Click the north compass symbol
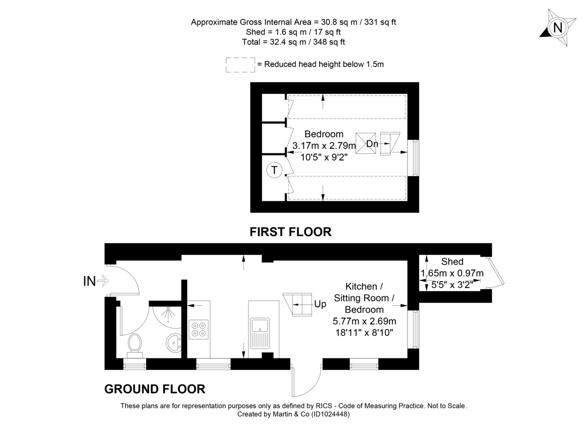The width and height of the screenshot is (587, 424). coord(557,28)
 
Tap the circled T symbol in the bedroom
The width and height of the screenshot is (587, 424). coord(274,170)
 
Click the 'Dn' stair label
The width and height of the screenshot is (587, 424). coord(372,144)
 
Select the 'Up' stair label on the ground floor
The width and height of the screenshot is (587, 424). coord(320,304)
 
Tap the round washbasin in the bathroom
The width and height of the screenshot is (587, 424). coord(173,342)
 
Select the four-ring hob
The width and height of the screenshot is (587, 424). coord(198,328)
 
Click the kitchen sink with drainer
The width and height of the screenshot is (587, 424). coord(260,332)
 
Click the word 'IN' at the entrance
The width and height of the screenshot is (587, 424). coord(89,281)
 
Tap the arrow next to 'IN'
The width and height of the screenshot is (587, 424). coord(103,281)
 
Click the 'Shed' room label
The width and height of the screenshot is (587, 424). coord(452,262)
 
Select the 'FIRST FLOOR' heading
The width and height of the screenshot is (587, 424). coord(291,231)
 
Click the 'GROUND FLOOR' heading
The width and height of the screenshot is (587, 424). coord(155,389)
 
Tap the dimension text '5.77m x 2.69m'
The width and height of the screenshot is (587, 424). coord(364,321)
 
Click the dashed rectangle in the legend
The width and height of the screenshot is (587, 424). coord(240,65)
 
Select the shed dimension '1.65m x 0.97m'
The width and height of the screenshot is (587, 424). coord(452,273)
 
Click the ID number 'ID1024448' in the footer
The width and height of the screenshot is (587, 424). coord(329,414)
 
